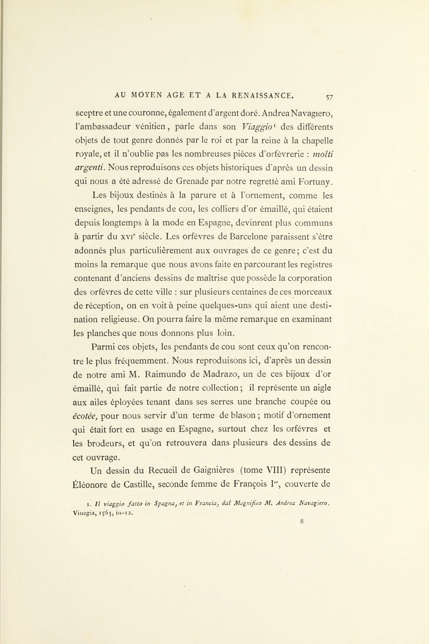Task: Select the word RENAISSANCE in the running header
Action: tap(263, 95)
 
